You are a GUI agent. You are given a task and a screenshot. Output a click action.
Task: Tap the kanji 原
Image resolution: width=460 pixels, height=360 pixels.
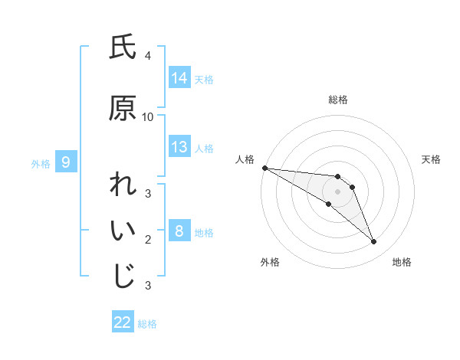pos(123,109)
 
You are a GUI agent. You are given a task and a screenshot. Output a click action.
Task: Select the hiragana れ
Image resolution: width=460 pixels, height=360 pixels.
pos(123,186)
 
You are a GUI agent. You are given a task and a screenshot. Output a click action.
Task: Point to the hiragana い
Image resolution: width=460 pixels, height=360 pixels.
pos(123,232)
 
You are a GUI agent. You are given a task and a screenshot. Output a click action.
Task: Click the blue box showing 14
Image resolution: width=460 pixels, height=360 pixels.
pos(179,78)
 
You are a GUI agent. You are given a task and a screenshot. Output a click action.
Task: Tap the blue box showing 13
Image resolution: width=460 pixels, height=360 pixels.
pos(179,147)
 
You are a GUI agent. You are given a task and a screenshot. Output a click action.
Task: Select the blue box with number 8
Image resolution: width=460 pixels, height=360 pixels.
pos(179,231)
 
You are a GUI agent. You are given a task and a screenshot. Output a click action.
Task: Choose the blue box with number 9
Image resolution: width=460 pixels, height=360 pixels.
pos(67,162)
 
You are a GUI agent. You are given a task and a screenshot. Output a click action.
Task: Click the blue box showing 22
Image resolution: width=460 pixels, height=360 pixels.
pos(123,322)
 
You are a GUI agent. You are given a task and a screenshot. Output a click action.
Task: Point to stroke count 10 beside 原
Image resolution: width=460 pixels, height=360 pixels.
pos(148,117)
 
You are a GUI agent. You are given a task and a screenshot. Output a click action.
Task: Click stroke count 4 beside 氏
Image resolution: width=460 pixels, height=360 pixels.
pos(147,56)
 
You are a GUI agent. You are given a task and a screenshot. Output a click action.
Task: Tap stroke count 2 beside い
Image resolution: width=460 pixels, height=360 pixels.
pos(147,240)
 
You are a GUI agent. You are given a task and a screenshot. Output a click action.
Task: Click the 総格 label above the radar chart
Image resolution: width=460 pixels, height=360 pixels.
pos(338,100)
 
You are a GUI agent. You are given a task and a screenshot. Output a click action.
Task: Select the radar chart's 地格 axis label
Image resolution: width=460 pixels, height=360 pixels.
pos(402,263)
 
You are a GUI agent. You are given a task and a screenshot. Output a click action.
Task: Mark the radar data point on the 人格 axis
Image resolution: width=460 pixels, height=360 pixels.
pos(264,168)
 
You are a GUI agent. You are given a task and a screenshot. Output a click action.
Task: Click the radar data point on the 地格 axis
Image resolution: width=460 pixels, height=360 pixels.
pos(373,242)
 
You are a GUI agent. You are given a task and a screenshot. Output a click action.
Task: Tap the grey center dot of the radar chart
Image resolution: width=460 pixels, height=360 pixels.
pos(338,191)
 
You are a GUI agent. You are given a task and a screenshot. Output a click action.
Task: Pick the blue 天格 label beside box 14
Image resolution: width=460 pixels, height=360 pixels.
pos(204,79)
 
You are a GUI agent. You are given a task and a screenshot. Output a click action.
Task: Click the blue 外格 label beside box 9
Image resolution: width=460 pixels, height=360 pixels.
pos(40,162)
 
